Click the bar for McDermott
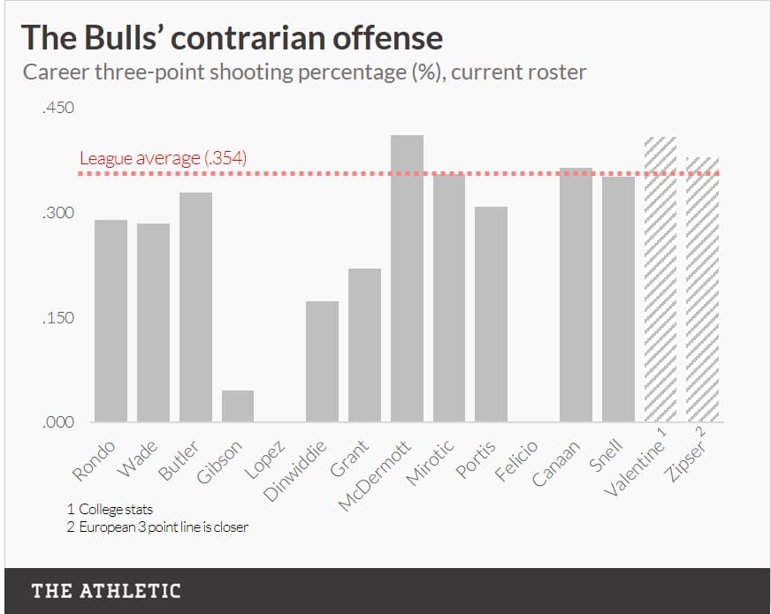click(407, 278)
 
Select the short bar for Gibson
click(237, 406)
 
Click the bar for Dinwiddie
click(322, 361)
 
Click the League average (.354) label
click(163, 158)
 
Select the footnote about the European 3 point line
click(157, 527)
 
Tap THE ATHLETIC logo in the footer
click(106, 591)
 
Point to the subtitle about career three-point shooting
click(303, 72)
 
